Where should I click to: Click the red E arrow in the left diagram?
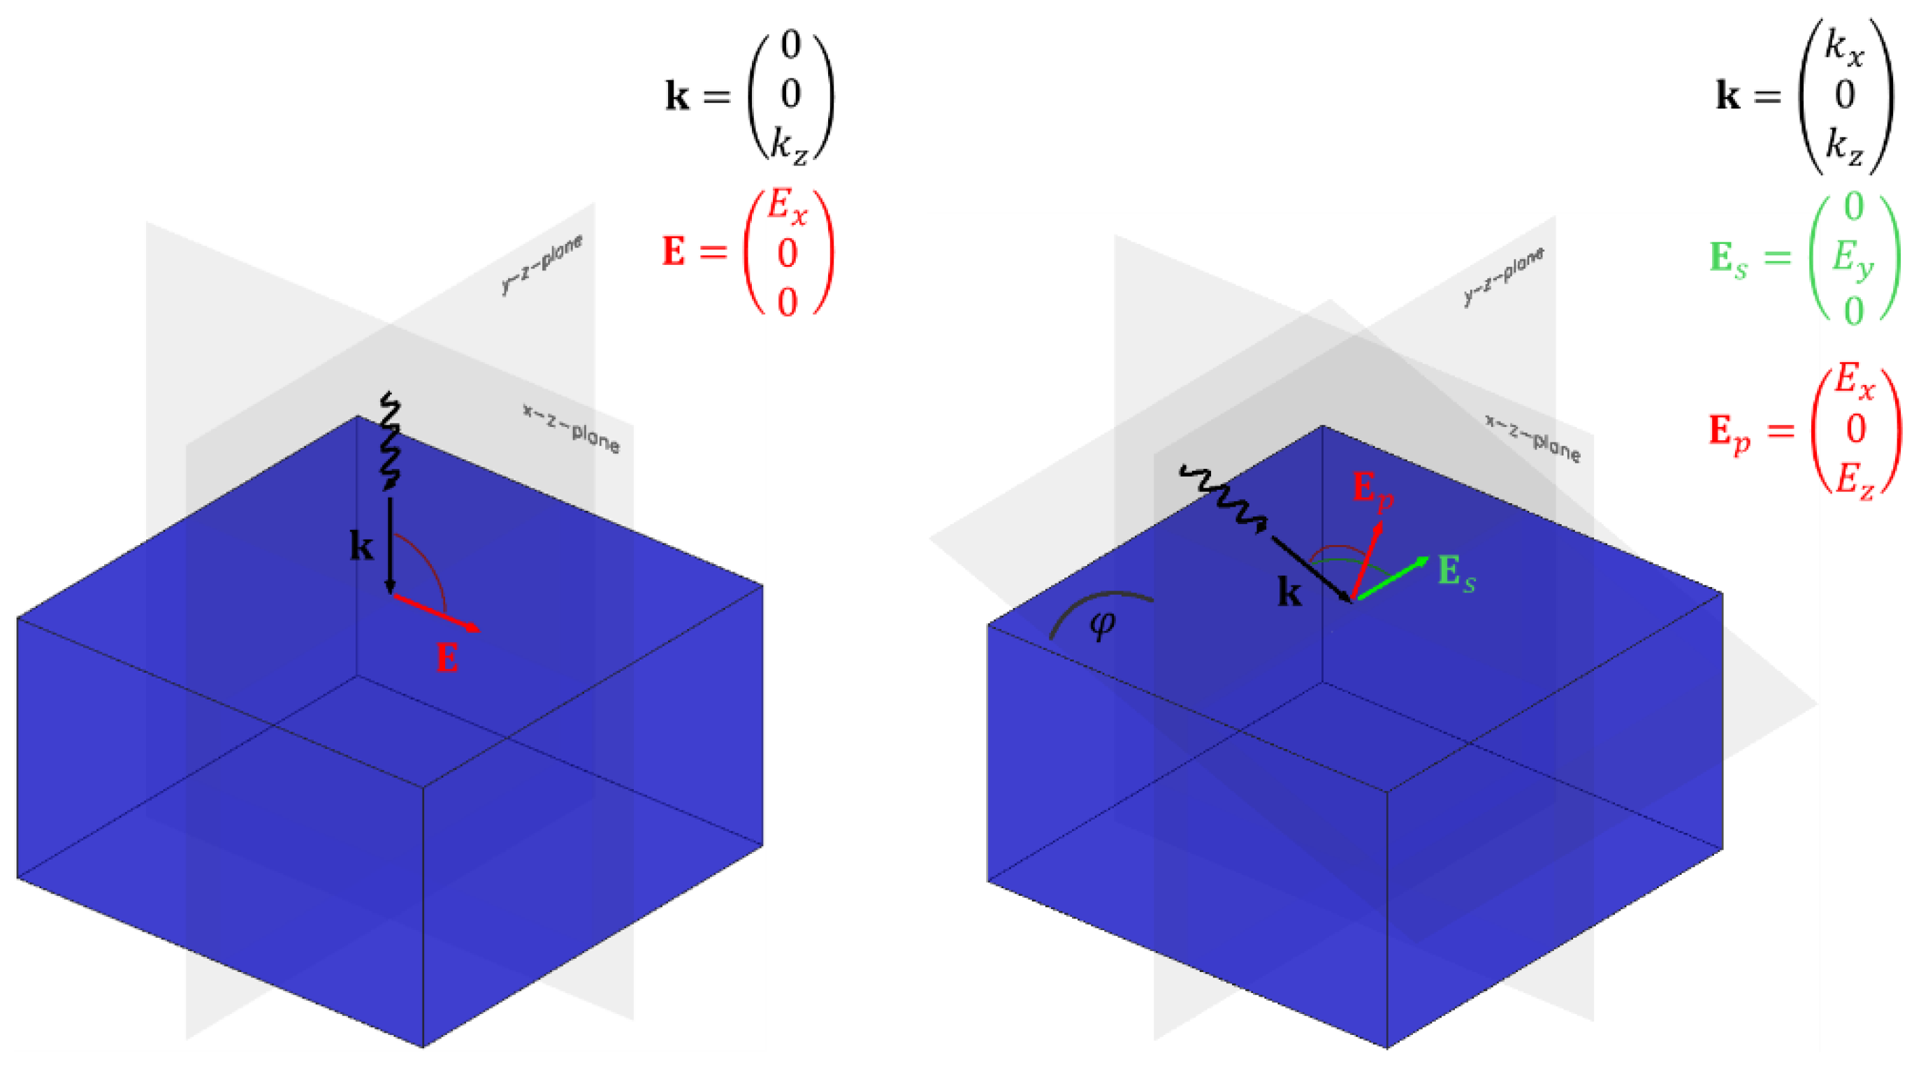coord(435,612)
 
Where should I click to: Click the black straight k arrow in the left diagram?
coord(390,546)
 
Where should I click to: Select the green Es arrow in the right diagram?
coord(1389,578)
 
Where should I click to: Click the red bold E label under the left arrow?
coord(447,658)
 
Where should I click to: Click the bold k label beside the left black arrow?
coord(361,547)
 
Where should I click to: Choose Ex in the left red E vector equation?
coord(787,206)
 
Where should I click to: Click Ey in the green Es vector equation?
coord(1852,259)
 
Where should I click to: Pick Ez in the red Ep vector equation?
coord(1855,479)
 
